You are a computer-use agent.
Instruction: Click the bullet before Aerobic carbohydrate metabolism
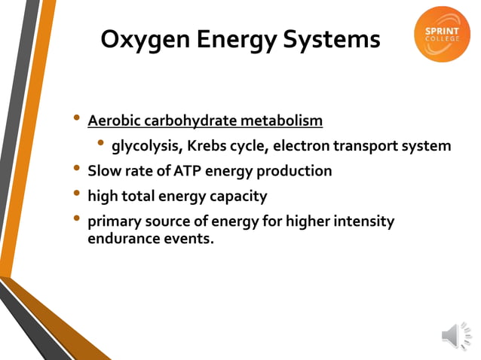[x=75, y=118]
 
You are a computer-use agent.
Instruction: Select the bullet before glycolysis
[x=100, y=144]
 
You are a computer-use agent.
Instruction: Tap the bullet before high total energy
[x=75, y=194]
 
